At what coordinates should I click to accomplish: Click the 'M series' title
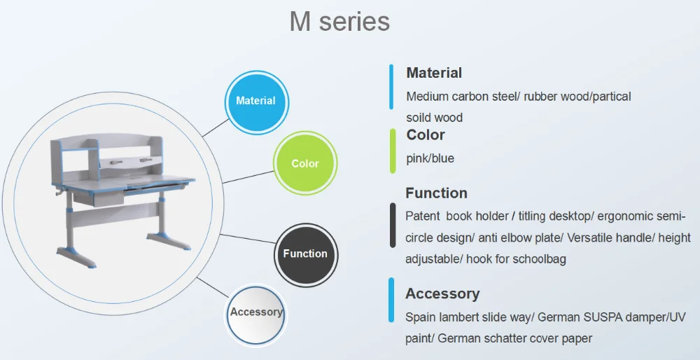pos(339,22)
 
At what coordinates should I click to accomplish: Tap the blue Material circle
pos(256,102)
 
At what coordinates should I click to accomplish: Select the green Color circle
pos(305,163)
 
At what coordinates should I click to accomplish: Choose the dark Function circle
pos(305,254)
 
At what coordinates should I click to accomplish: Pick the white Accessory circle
pos(256,314)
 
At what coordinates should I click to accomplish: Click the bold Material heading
pos(434,73)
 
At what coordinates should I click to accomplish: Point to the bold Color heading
pos(426,135)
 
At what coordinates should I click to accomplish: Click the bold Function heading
pos(437,193)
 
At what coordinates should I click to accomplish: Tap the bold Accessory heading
pos(442,293)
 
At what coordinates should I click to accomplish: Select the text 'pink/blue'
pos(430,158)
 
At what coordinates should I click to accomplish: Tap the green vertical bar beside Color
pos(393,151)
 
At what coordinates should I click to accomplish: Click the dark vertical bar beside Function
pos(393,225)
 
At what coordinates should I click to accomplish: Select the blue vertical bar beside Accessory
pos(391,300)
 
